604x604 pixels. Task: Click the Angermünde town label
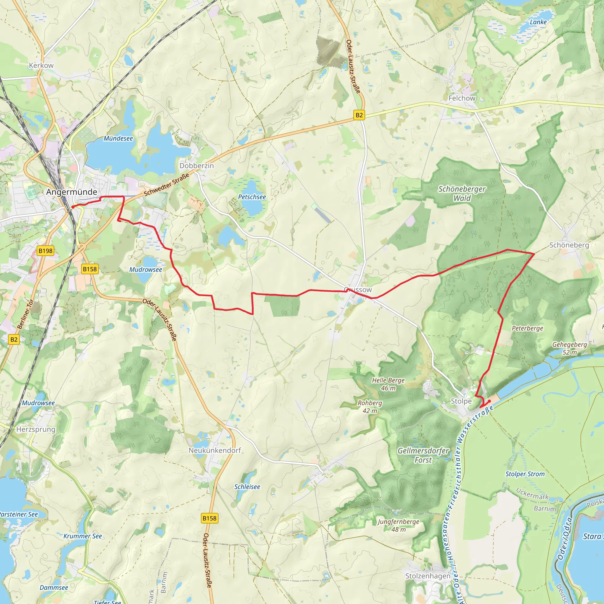point(72,192)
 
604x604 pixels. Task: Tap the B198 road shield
point(46,251)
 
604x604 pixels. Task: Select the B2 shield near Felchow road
point(359,115)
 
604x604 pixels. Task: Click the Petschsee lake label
point(252,197)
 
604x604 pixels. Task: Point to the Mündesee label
point(118,139)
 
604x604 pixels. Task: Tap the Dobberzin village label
point(196,166)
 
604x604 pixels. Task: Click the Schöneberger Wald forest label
point(462,193)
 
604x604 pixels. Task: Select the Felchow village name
point(462,98)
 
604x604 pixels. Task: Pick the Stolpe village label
point(461,401)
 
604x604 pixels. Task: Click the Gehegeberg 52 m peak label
point(569,348)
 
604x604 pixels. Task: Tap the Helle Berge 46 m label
point(388,384)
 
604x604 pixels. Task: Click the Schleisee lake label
point(247,487)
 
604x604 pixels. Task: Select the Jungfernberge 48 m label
point(398,525)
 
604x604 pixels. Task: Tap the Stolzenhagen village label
point(428,576)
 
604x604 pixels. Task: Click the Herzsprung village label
point(36,429)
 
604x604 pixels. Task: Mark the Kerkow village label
point(41,65)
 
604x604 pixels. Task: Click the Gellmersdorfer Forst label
point(423,455)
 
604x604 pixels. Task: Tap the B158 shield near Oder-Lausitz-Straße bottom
point(209,518)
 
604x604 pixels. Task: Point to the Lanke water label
point(538,22)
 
